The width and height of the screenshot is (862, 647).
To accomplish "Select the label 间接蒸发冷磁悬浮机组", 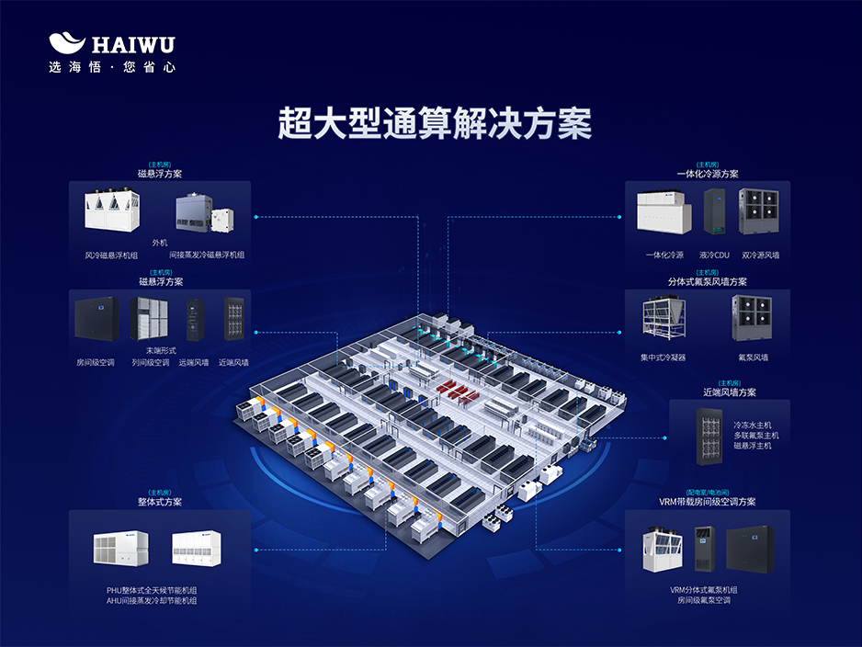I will [207, 255].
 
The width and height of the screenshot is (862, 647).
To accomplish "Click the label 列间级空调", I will [151, 363].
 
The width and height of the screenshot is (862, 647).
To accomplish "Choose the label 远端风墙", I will [194, 363].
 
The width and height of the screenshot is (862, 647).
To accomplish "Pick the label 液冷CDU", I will [713, 255].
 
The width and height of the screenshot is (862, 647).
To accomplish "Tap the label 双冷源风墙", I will [760, 255].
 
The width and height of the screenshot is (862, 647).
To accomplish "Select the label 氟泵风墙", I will [753, 358].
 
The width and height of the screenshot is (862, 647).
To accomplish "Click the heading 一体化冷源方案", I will [707, 174].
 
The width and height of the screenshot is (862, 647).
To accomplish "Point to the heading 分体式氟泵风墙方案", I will [707, 282].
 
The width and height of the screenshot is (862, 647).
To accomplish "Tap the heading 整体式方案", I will [160, 503].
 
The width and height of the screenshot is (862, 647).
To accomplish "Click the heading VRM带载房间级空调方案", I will [707, 503].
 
